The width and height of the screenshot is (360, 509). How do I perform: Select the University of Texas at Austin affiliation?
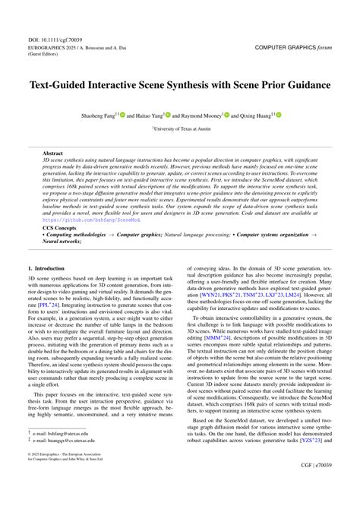tap(180, 130)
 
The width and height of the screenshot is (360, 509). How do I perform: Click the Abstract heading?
tap(53, 153)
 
